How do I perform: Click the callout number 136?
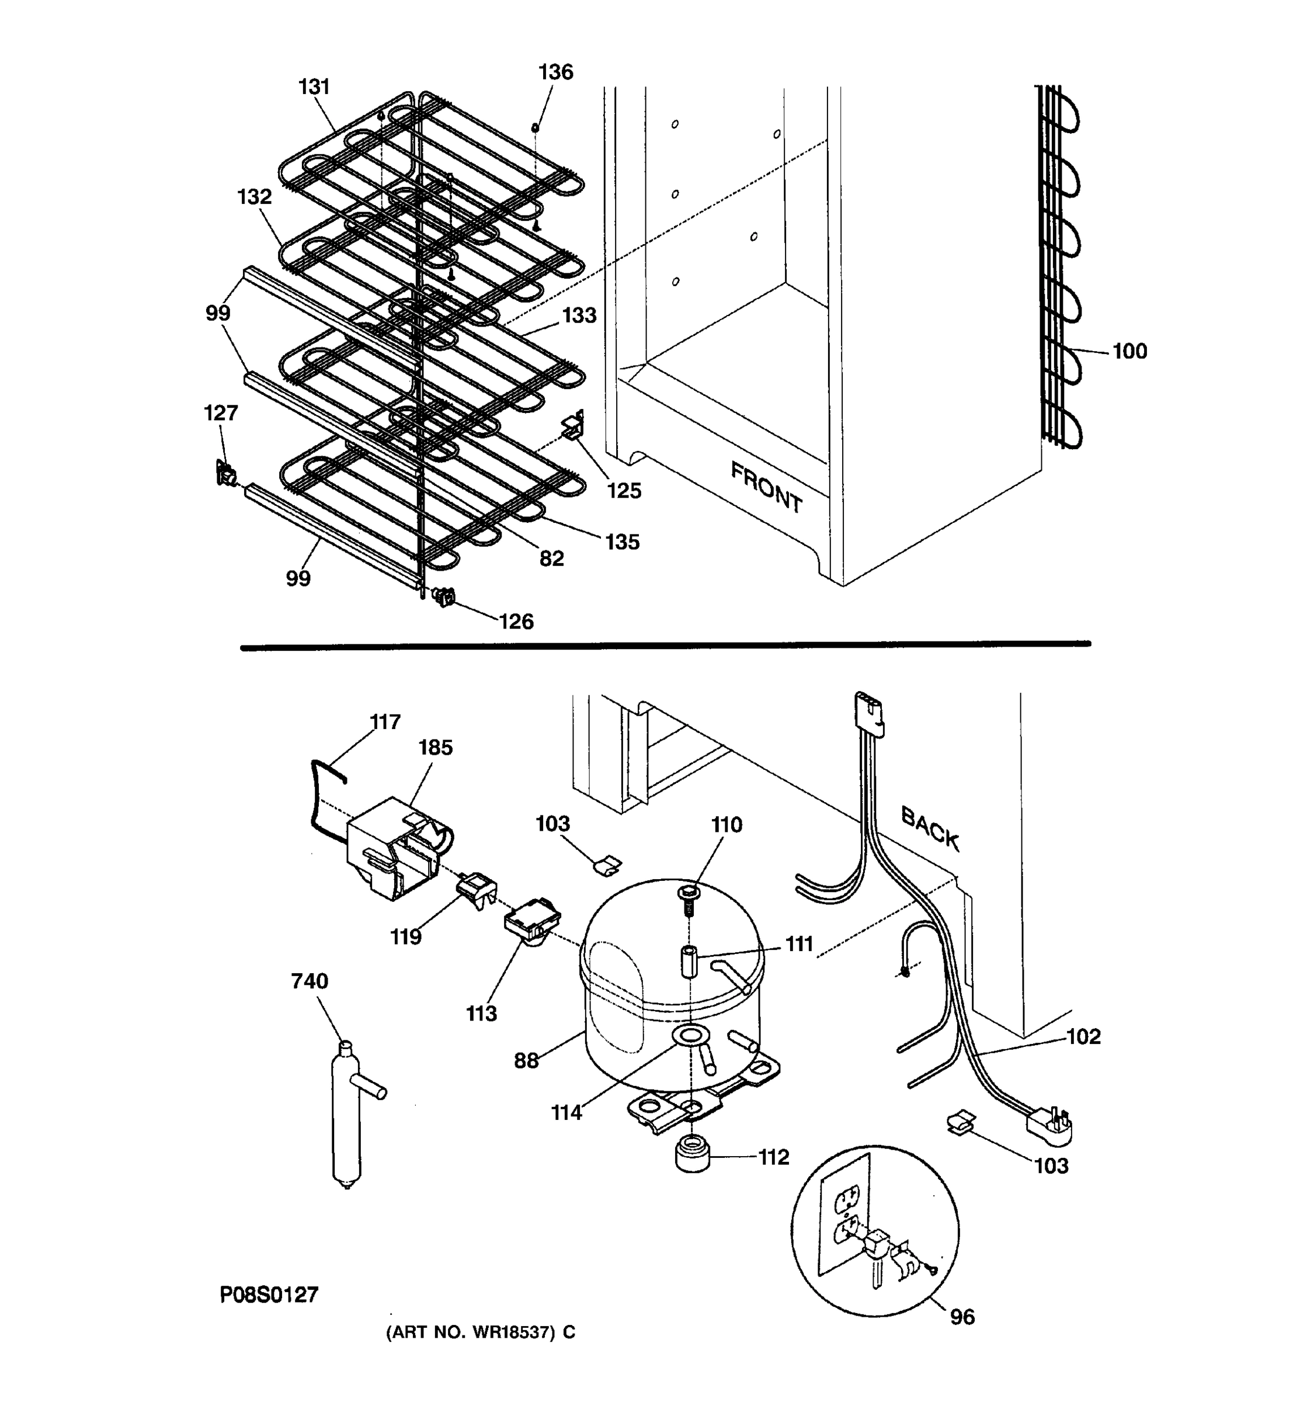click(555, 72)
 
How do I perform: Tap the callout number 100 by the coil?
click(1129, 351)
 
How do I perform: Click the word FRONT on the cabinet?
click(766, 487)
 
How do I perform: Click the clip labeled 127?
click(225, 473)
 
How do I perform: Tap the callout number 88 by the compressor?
click(526, 1060)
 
